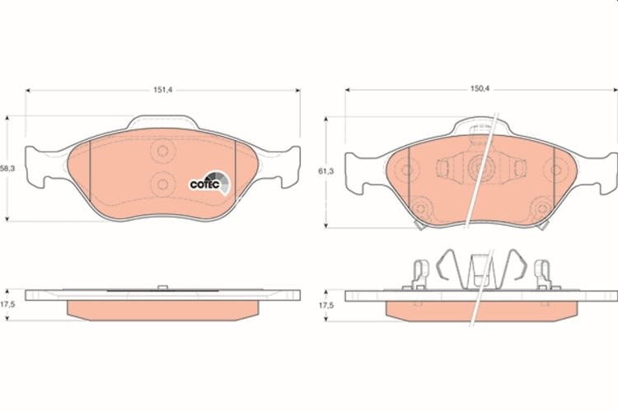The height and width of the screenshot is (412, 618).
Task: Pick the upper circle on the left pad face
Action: pyautogui.click(x=162, y=152)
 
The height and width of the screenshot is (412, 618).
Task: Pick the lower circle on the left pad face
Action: pyautogui.click(x=162, y=183)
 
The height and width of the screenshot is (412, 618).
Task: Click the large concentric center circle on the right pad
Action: pyautogui.click(x=479, y=168)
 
